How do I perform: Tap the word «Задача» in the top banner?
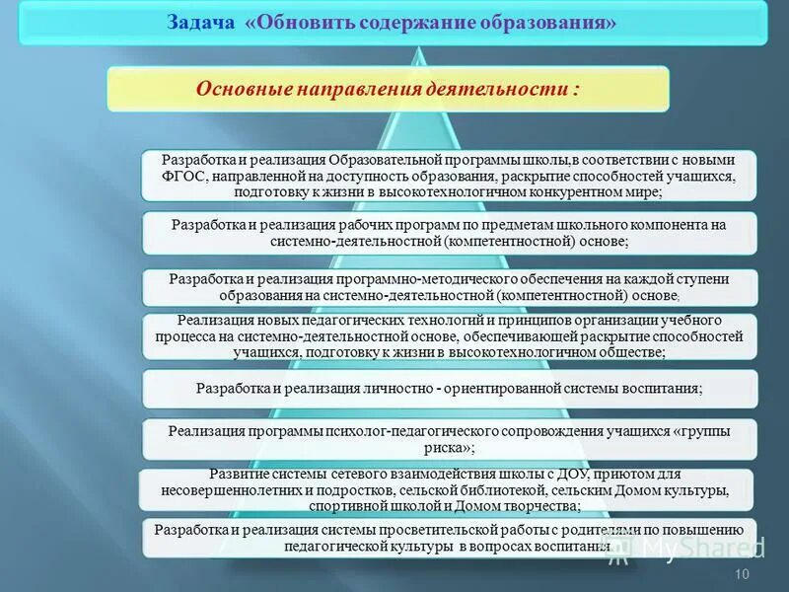pos(199,22)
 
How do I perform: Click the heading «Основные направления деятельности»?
pos(388,89)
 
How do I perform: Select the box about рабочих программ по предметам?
pos(449,233)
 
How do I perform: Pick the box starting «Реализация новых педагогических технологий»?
pos(449,336)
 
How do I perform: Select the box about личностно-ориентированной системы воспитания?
pos(449,389)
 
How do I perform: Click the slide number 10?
pos(743,575)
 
